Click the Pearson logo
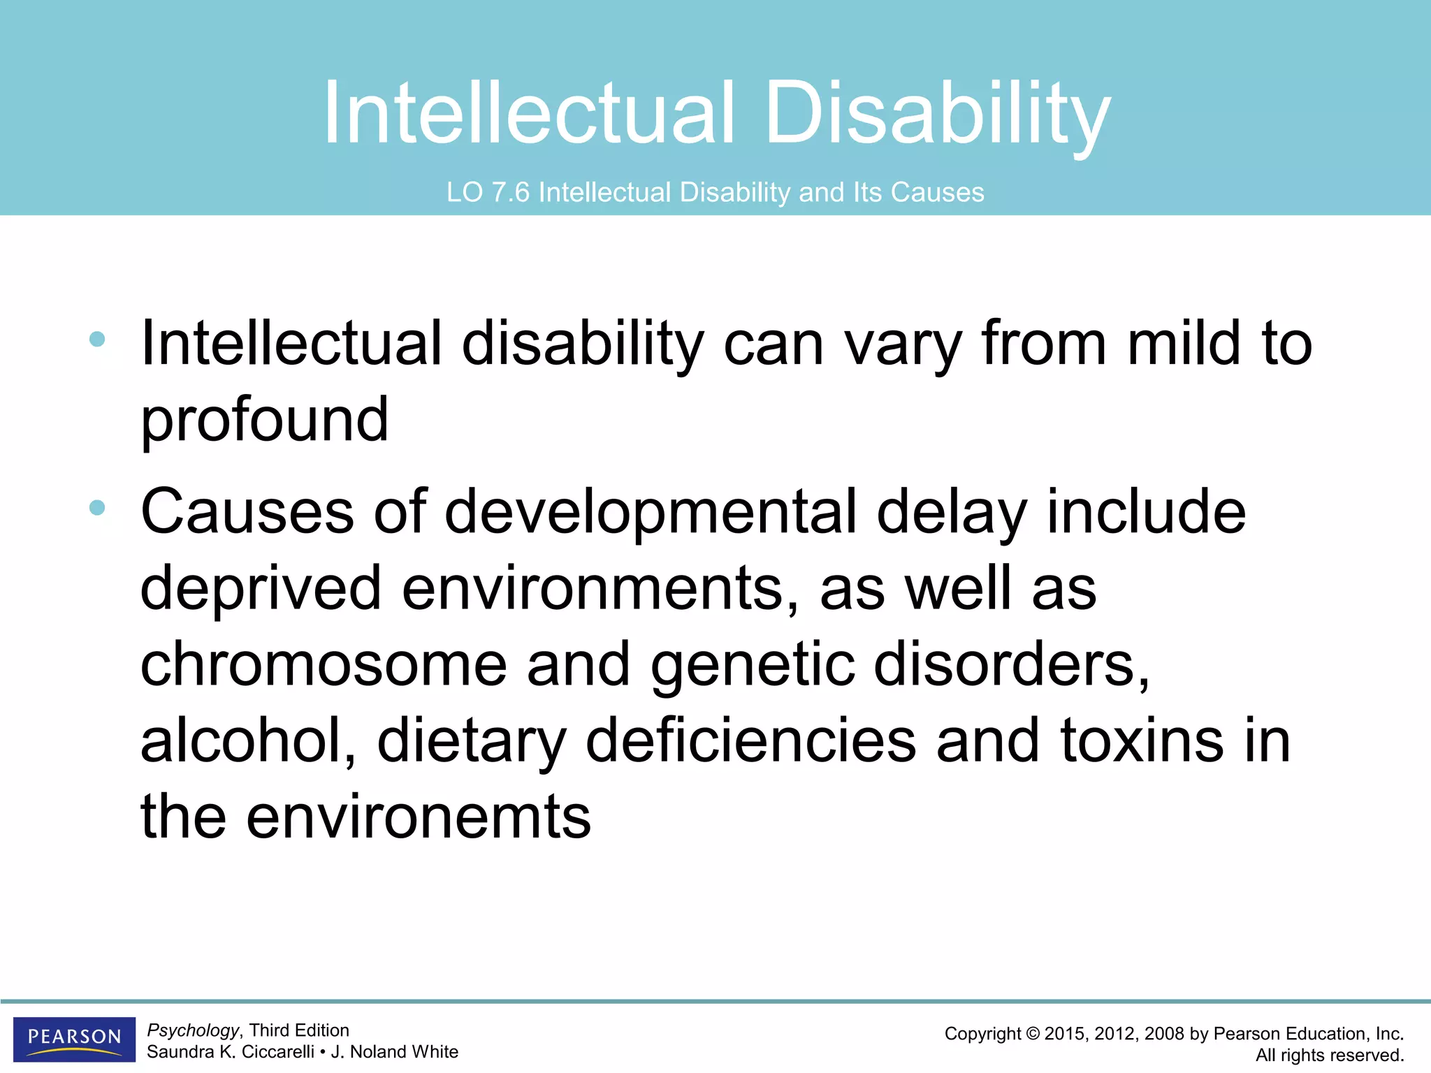click(x=74, y=1038)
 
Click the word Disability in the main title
click(x=936, y=114)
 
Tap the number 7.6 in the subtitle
click(x=511, y=193)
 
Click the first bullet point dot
click(x=98, y=340)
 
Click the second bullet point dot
click(x=98, y=508)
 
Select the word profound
click(x=264, y=420)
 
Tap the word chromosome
click(x=324, y=664)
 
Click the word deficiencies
click(x=750, y=740)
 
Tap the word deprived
click(x=261, y=588)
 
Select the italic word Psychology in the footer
click(x=193, y=1030)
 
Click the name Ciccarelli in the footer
click(x=277, y=1052)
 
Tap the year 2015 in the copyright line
click(x=1065, y=1034)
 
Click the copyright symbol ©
click(x=1033, y=1034)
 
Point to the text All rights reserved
click(x=1329, y=1055)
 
